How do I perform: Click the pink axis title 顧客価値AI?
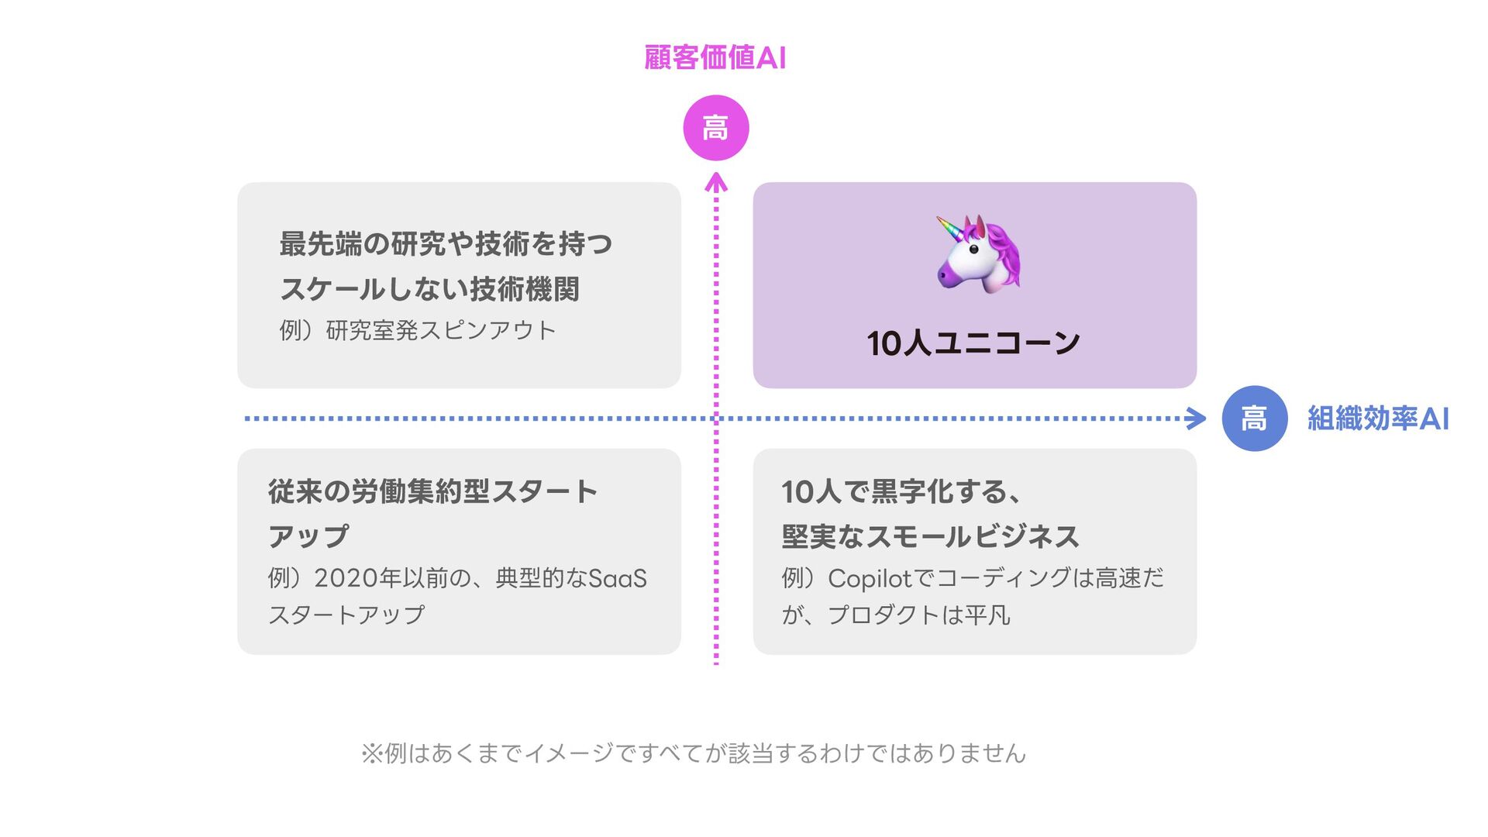pos(715,58)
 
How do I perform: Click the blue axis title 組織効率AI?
pos(1377,418)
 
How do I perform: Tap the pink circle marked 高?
pos(715,128)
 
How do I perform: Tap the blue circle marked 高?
pos(1254,418)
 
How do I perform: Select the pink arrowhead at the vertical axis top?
pos(716,182)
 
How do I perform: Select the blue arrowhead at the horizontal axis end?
pos(1197,418)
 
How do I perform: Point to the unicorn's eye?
pos(973,250)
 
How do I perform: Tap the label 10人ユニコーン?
pos(973,343)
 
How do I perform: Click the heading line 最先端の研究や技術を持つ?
pos(446,244)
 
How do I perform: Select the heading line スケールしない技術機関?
pos(429,289)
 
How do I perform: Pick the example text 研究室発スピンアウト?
pos(440,331)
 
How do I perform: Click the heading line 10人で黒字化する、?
pos(899,491)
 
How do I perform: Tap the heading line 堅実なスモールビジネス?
pos(930,536)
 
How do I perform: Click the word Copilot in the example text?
pos(870,578)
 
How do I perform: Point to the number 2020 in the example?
pos(346,578)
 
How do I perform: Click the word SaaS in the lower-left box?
pos(618,578)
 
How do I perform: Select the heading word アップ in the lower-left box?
pos(308,536)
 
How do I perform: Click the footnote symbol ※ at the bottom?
pos(371,753)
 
